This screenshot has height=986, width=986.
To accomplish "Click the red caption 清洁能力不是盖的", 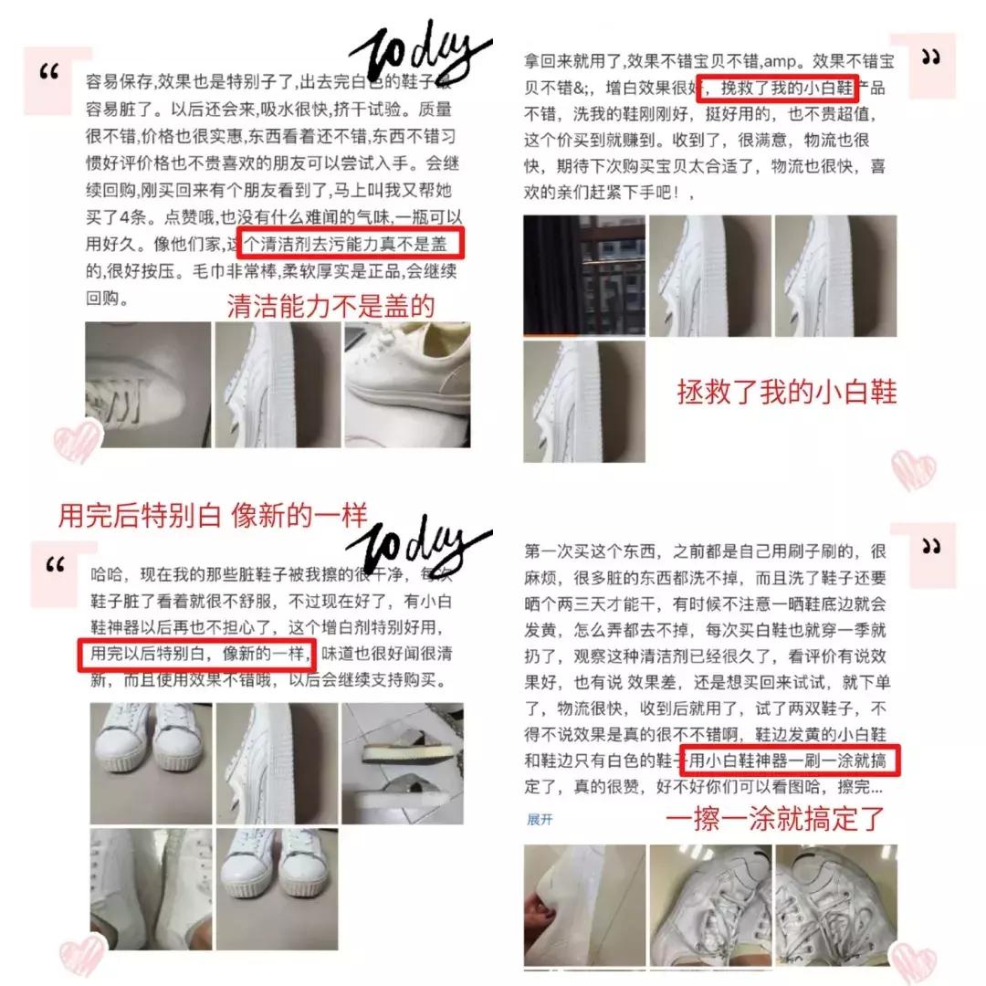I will coord(330,307).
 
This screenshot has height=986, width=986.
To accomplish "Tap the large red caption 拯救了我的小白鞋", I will coord(787,392).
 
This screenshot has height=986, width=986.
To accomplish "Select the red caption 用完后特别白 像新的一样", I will coord(213,516).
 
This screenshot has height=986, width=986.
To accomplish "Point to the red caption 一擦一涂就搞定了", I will coord(775,819).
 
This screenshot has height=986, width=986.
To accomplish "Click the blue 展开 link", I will coord(540,820).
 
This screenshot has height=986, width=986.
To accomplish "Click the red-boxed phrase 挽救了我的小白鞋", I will coord(777,89).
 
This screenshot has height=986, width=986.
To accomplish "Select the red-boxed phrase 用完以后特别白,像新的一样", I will coord(195,655).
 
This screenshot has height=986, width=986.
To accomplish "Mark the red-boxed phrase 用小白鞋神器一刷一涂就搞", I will coord(792,760).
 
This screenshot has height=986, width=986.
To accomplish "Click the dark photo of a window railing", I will coord(584,276).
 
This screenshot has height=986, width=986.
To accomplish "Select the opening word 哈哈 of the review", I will coord(106,574).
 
